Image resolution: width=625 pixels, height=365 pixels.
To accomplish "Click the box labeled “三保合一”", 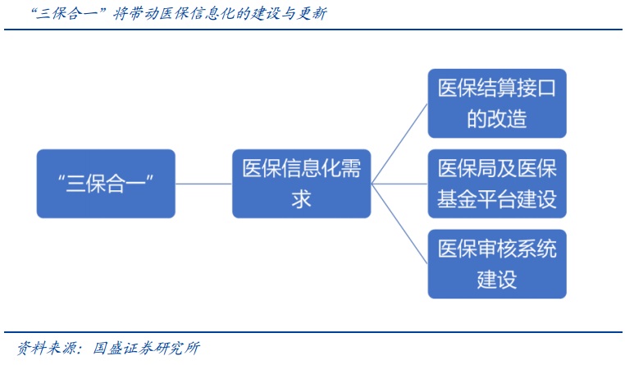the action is [106, 184].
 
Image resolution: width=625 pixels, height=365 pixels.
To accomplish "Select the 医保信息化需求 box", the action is [301, 184].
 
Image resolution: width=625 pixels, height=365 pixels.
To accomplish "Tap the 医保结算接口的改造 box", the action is [497, 103].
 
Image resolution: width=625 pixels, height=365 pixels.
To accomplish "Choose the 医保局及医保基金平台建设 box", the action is [497, 184].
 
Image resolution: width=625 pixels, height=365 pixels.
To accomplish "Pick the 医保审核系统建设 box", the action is [497, 264].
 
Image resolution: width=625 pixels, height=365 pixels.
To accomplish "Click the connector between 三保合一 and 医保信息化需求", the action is [203, 184].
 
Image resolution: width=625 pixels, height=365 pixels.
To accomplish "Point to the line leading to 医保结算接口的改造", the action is [399, 144].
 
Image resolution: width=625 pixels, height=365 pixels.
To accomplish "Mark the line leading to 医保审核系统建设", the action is [399, 224].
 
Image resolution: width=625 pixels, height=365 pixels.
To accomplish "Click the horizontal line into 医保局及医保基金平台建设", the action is [399, 184].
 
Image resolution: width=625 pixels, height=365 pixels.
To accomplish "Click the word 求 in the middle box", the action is [301, 198].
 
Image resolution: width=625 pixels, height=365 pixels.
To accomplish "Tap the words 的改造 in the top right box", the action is [497, 118].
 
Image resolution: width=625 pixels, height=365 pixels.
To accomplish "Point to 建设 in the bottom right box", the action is [497, 280].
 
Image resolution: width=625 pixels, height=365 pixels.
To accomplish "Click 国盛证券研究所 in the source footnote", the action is [146, 348].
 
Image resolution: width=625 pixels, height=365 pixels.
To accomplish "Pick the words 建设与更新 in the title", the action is [289, 14].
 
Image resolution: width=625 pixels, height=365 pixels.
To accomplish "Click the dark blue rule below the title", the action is [312, 30].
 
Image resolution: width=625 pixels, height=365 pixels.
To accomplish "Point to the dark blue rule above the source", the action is [312, 332].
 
